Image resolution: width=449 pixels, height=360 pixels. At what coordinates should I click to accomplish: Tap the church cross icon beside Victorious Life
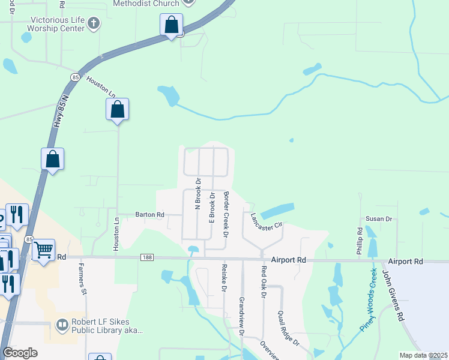tap(93, 23)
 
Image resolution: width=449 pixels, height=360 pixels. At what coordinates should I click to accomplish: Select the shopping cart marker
tap(44, 250)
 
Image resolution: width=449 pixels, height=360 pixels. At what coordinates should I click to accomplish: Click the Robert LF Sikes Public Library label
tap(107, 325)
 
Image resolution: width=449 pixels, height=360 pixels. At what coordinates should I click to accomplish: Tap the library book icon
tap(62, 325)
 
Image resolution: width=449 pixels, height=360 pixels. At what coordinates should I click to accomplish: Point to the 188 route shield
tap(147, 257)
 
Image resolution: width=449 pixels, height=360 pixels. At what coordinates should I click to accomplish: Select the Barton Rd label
tap(149, 214)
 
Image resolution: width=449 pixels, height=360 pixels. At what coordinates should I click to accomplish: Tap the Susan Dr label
tap(379, 220)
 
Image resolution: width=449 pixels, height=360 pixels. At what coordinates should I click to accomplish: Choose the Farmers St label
tap(79, 282)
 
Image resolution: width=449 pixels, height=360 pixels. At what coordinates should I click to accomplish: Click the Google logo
tap(20, 353)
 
